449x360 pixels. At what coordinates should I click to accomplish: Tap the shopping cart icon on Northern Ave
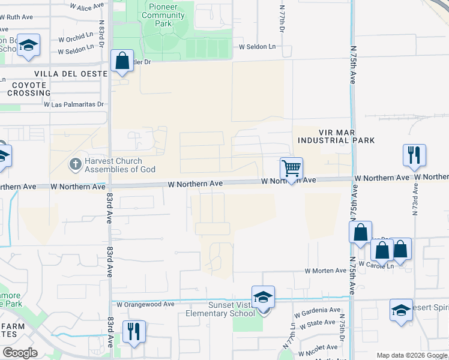click(x=291, y=169)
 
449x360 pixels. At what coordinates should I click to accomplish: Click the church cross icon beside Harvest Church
click(x=75, y=163)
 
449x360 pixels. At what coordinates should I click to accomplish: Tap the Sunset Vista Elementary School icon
click(x=263, y=298)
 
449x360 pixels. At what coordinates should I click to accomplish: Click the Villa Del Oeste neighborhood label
click(x=71, y=74)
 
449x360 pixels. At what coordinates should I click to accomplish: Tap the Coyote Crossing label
click(x=29, y=89)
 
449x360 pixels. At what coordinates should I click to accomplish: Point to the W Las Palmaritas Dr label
click(x=74, y=104)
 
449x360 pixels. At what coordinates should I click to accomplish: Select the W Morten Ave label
click(x=326, y=271)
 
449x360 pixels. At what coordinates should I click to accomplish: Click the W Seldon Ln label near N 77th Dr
click(x=258, y=46)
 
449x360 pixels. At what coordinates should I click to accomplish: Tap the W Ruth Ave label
click(x=16, y=17)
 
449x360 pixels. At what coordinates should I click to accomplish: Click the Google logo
click(x=20, y=352)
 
